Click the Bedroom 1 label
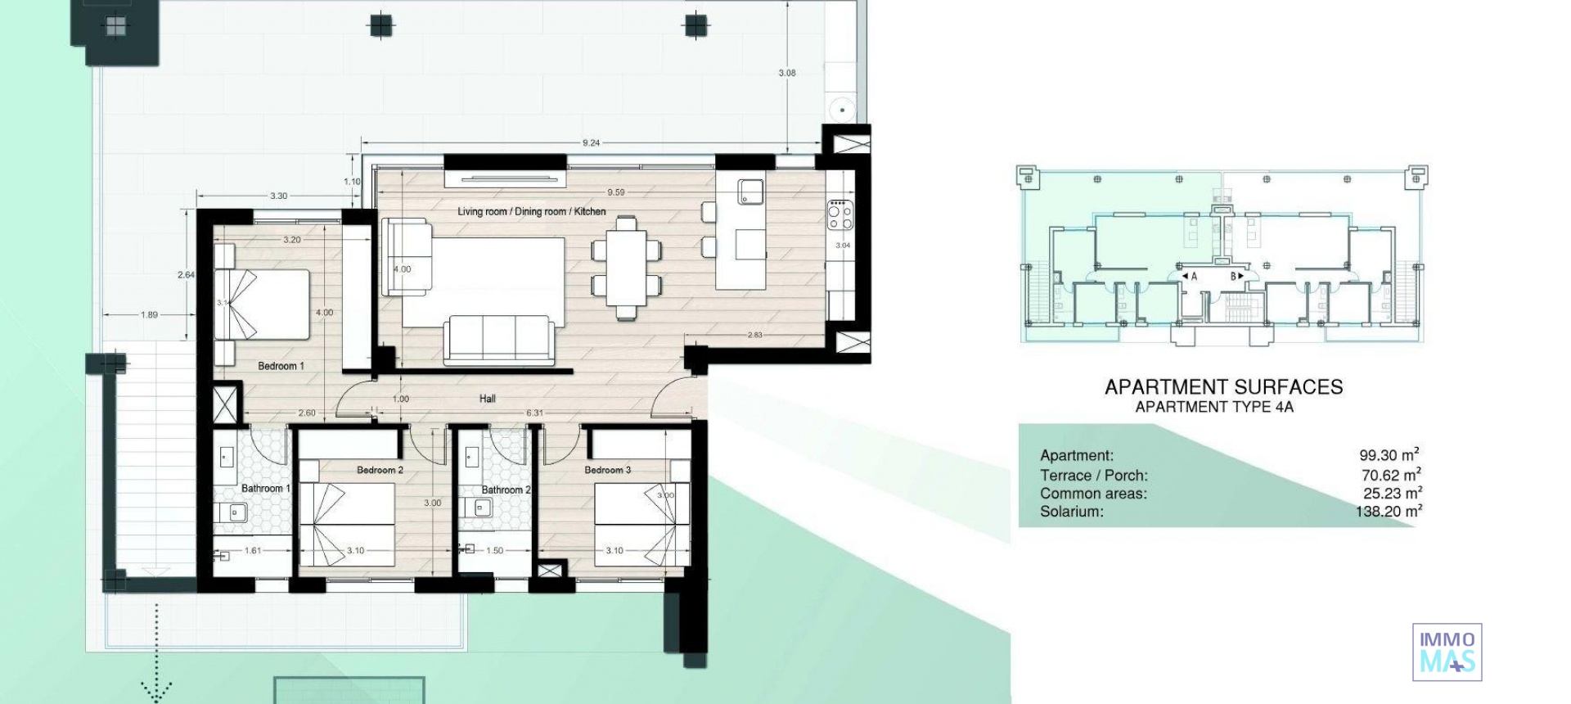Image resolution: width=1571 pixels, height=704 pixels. (281, 366)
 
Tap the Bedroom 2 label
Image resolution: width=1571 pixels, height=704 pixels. (380, 471)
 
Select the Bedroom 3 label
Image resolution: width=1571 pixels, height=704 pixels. (607, 471)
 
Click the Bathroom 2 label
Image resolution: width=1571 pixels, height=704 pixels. (506, 490)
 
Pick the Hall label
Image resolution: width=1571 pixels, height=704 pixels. (488, 399)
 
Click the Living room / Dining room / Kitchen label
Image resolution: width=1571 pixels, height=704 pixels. (531, 212)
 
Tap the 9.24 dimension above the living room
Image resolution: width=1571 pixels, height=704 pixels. (591, 143)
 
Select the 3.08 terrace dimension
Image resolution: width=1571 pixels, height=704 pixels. (786, 74)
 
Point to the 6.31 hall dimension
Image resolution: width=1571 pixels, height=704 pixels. (534, 413)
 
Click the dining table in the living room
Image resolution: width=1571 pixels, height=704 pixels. (626, 267)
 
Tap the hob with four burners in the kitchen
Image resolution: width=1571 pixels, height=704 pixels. (840, 214)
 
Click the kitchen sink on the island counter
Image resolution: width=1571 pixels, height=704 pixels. (750, 192)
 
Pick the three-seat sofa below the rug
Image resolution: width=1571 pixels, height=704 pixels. (499, 340)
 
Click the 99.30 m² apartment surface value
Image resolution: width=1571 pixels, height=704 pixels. (1389, 455)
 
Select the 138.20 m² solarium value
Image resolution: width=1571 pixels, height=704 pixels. (1389, 512)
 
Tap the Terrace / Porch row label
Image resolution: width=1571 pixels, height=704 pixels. (1093, 476)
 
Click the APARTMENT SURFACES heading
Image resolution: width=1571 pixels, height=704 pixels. (1223, 387)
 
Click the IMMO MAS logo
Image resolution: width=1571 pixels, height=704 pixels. (1447, 652)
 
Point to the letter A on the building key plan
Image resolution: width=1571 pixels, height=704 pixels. (1194, 277)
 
